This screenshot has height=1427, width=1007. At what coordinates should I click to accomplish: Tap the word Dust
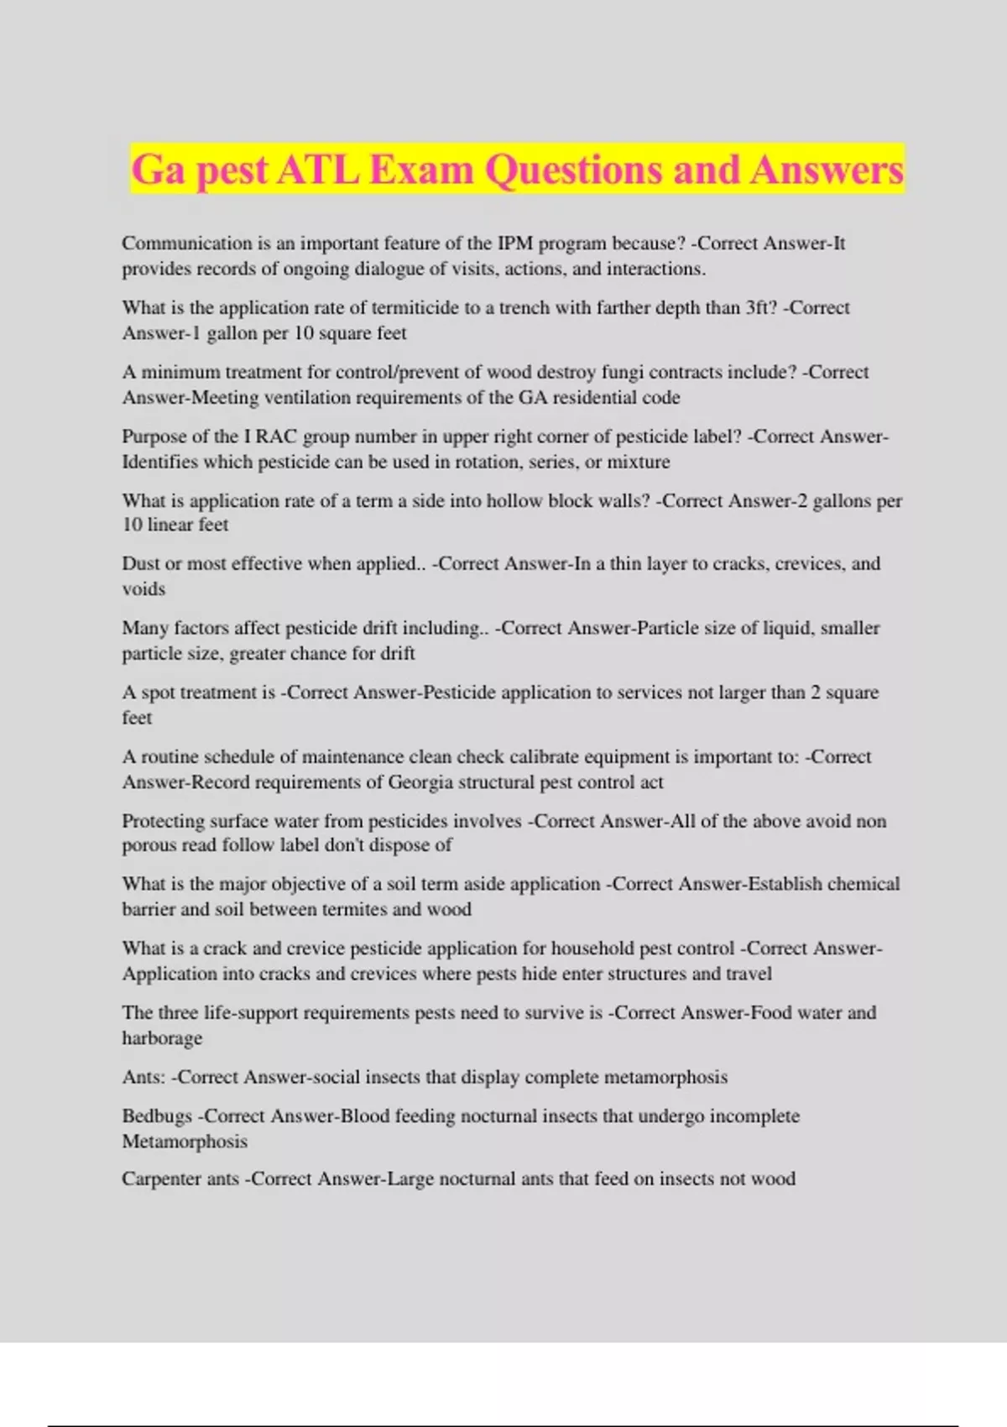click(x=140, y=563)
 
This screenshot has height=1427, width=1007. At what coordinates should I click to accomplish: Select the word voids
click(x=143, y=589)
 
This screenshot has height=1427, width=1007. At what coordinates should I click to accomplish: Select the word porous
click(x=149, y=845)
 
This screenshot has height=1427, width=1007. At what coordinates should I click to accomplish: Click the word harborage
click(x=162, y=1038)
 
